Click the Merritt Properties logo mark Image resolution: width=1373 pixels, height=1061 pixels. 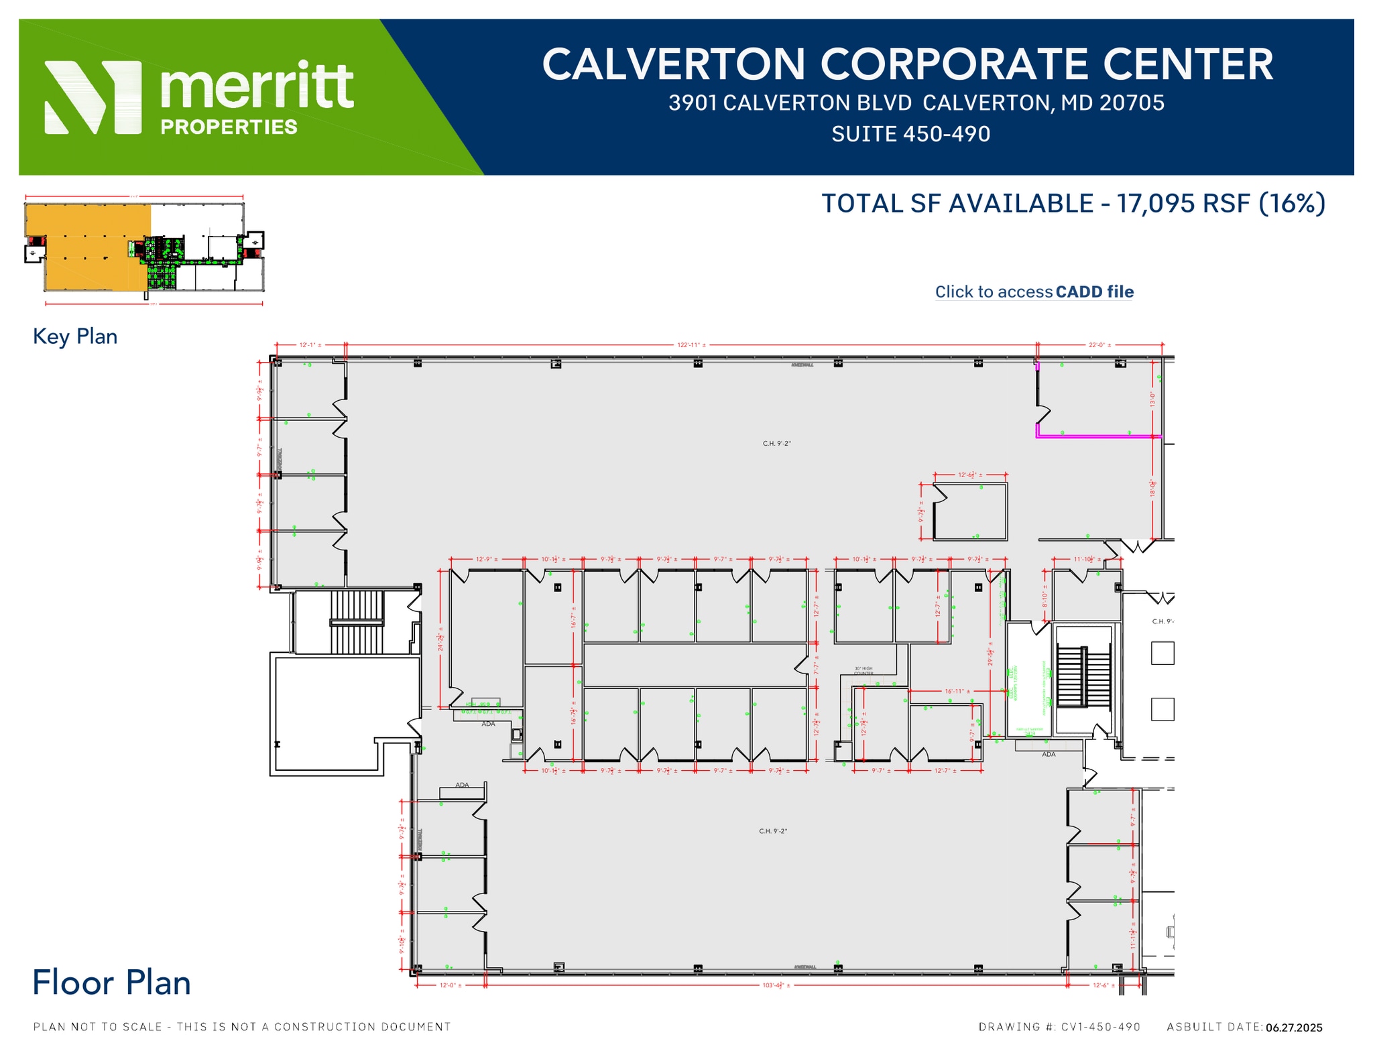coord(93,97)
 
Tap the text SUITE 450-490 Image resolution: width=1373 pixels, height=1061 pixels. coord(910,134)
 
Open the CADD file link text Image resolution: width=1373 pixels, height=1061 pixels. coord(1093,292)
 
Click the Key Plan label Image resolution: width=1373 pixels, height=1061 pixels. coord(75,336)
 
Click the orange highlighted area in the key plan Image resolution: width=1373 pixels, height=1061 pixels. coord(87,248)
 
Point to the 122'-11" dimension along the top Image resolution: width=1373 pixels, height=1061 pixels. coord(691,345)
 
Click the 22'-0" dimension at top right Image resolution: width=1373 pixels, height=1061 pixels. coord(1099,345)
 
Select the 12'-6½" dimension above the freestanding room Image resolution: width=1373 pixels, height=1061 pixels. coord(969,475)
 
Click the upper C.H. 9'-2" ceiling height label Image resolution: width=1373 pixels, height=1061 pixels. coord(776,444)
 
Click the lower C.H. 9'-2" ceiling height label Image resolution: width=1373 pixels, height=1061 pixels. coord(772,831)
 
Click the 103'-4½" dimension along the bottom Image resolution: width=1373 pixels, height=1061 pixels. coord(776,985)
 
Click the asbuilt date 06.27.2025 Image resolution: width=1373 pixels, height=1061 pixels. coord(1294,1027)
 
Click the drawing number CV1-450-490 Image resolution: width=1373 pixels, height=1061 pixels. coord(1100,1027)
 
